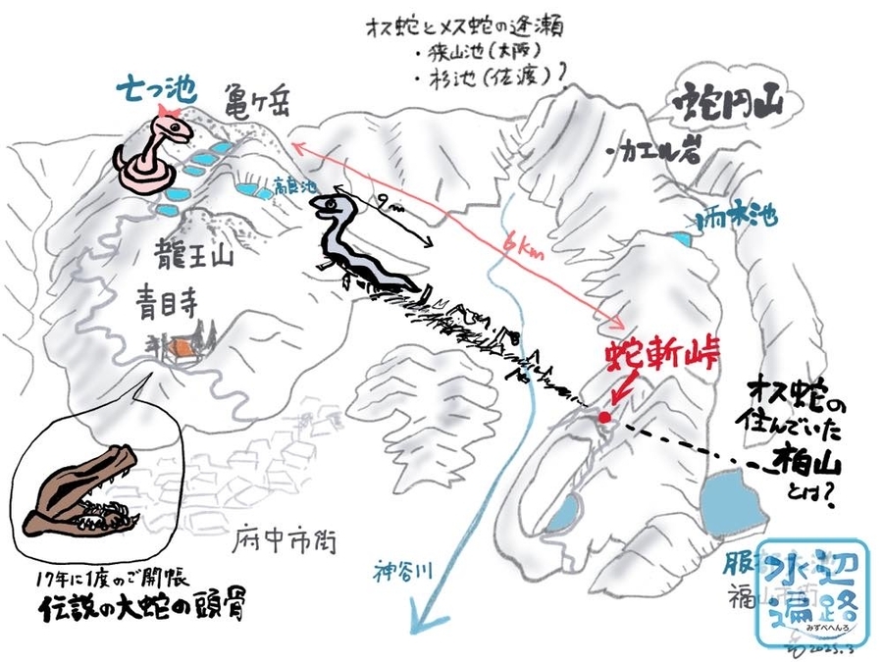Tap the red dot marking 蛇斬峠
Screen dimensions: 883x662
click(x=604, y=418)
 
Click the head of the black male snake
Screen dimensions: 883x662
click(x=330, y=207)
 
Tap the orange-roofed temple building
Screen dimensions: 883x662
click(x=182, y=348)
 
